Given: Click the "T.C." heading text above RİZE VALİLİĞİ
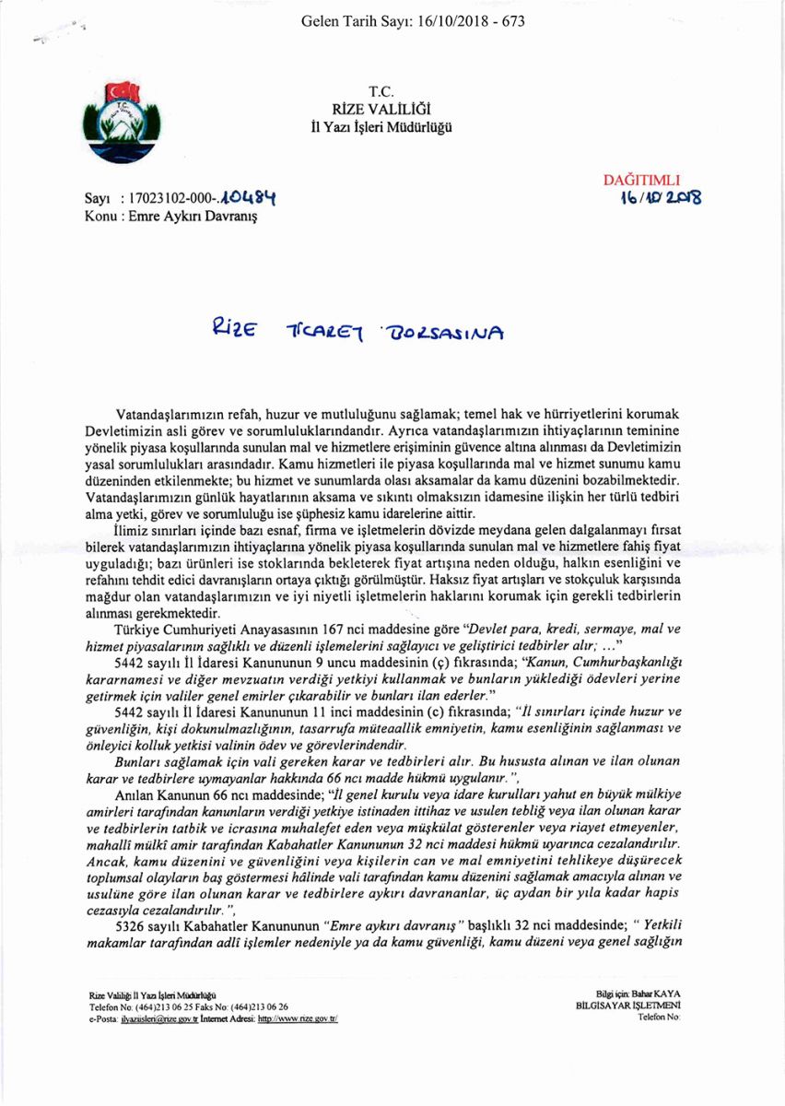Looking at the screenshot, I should (381, 91).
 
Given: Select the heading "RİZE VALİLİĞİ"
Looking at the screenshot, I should (381, 110).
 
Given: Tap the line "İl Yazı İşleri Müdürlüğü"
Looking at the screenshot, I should (381, 128).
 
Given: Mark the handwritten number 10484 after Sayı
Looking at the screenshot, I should (247, 197).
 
